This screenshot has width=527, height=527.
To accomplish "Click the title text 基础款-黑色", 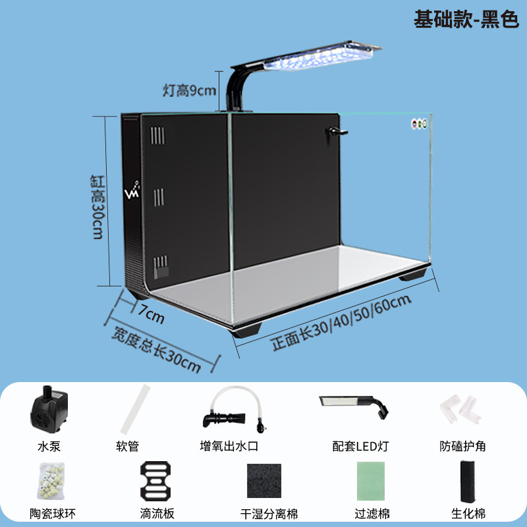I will [466, 20].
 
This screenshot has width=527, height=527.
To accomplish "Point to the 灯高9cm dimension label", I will [190, 90].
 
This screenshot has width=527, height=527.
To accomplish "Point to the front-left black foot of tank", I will [248, 330].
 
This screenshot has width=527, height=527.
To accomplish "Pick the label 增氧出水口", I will [229, 447].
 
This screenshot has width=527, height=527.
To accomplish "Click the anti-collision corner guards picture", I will [462, 408].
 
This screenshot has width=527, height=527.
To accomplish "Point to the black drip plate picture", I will [155, 480].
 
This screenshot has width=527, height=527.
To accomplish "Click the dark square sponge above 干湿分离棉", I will [263, 480].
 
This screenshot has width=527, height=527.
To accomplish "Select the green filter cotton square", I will [374, 481].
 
